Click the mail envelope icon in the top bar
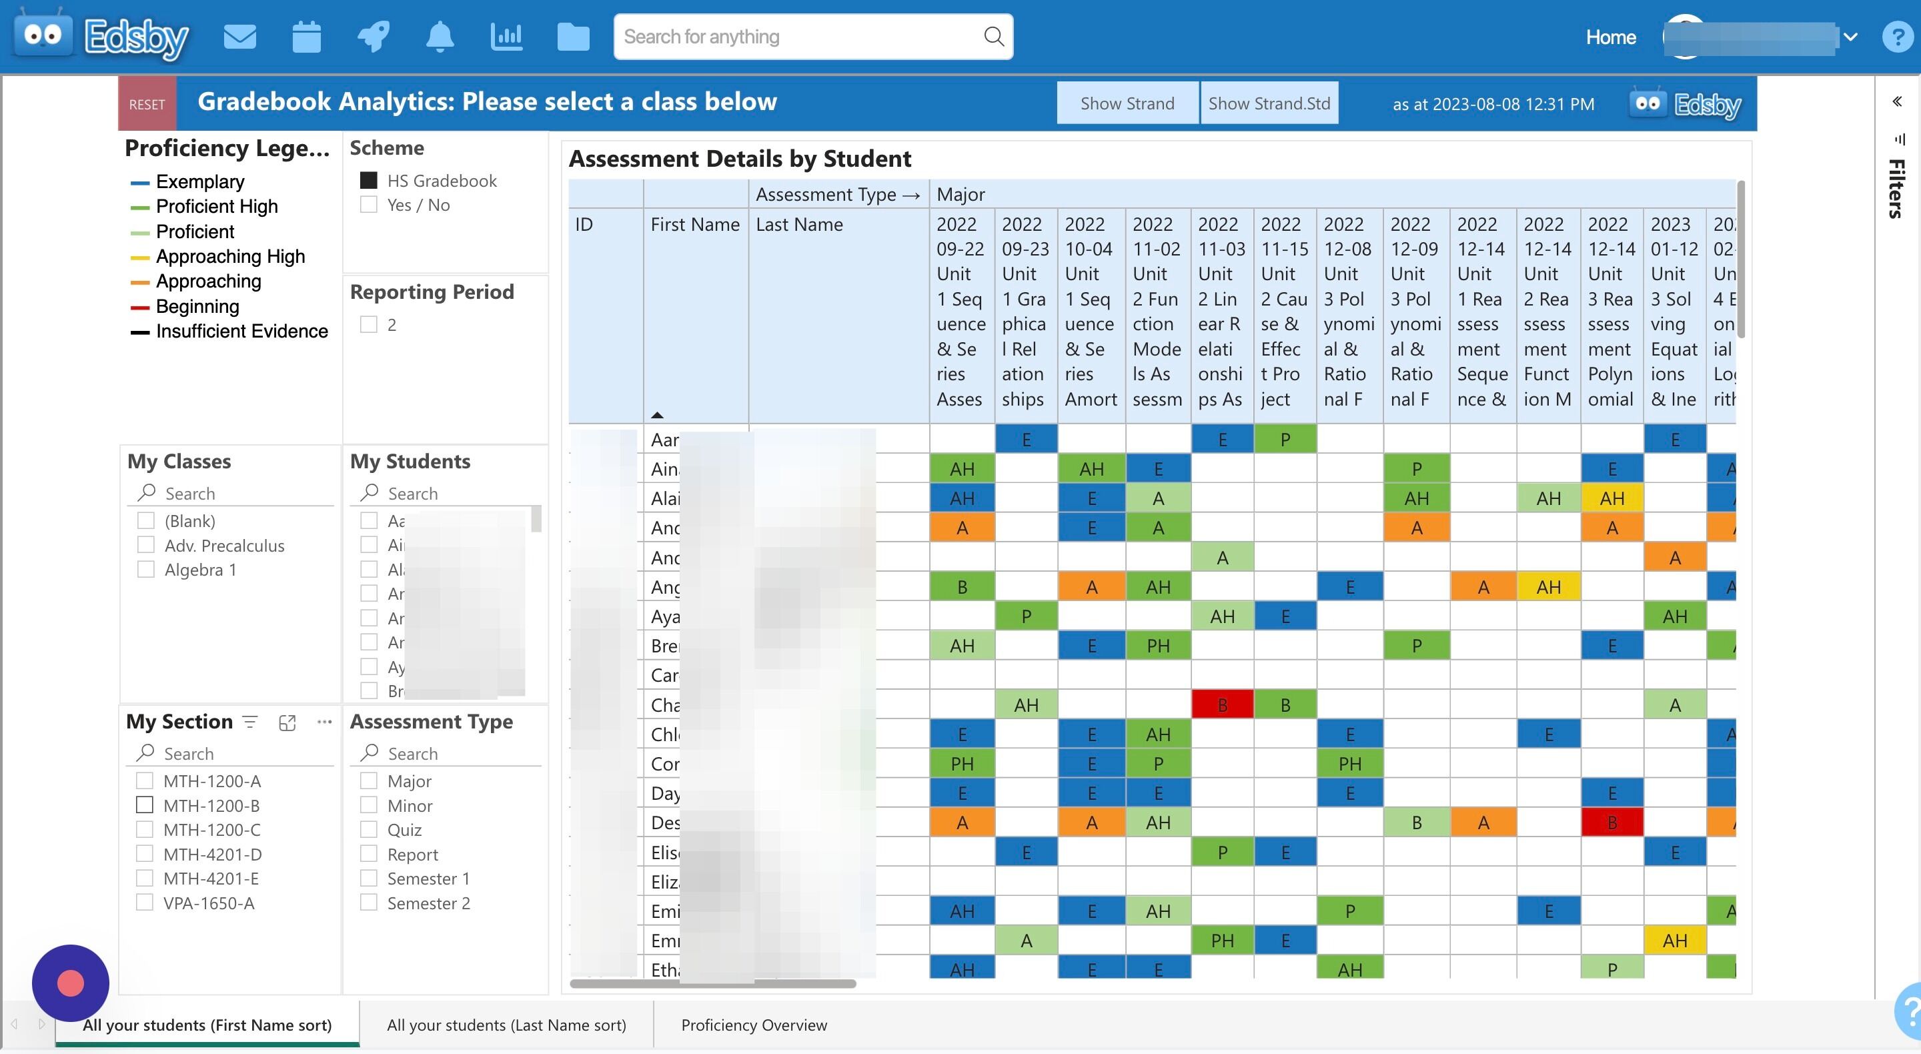pyautogui.click(x=239, y=37)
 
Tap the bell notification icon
pyautogui.click(x=440, y=37)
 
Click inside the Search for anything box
pyautogui.click(x=798, y=37)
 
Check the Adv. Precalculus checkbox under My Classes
pyautogui.click(x=146, y=545)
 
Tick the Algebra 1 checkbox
pyautogui.click(x=146, y=570)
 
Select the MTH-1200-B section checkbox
pyautogui.click(x=145, y=806)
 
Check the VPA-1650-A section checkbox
pyautogui.click(x=145, y=903)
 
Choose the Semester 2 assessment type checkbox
pyautogui.click(x=368, y=903)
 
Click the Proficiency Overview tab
pyautogui.click(x=753, y=1025)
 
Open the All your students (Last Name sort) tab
pyautogui.click(x=506, y=1025)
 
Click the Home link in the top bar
pyautogui.click(x=1610, y=37)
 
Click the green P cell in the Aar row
pyautogui.click(x=1284, y=440)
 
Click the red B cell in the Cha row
pyautogui.click(x=1221, y=705)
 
